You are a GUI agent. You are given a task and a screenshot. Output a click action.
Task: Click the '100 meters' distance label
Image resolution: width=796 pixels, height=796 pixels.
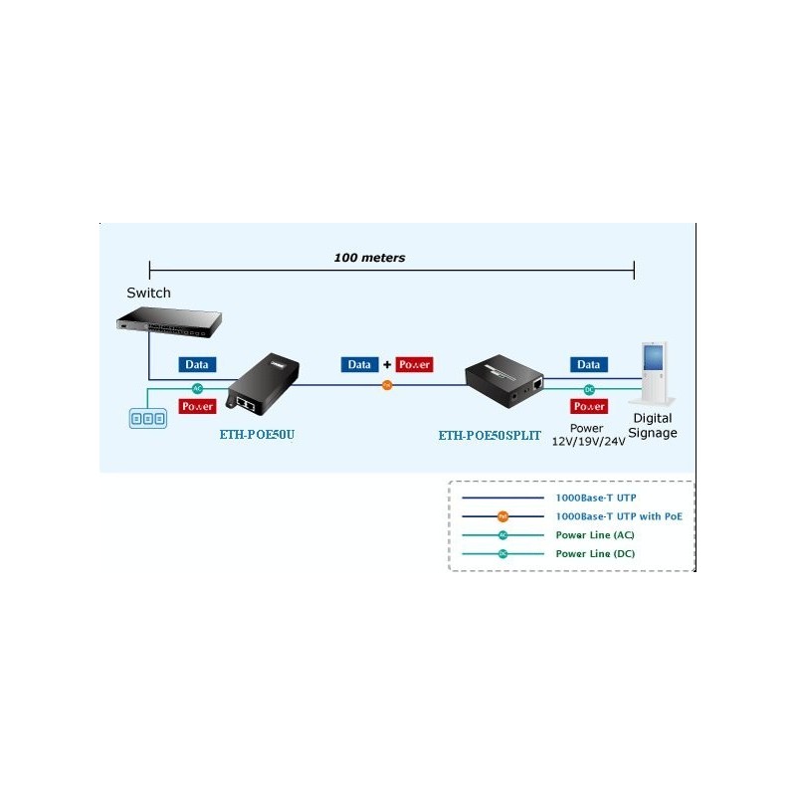point(369,258)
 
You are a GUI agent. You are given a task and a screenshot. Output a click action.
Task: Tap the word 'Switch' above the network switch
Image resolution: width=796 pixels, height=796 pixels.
point(148,293)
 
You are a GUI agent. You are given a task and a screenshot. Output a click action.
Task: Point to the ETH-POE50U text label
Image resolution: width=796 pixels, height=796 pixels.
point(257,434)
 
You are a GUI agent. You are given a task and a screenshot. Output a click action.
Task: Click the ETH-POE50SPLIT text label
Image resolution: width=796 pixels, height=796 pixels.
point(490,435)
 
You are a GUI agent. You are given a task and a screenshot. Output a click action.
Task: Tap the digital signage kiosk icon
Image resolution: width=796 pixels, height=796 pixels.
point(652,372)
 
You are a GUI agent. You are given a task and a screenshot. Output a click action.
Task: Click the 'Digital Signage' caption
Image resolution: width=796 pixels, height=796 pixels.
point(653,426)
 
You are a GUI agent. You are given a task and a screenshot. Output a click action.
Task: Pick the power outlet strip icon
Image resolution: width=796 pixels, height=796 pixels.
point(148,419)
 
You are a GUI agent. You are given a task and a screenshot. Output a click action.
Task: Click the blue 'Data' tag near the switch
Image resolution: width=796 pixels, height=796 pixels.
point(197,365)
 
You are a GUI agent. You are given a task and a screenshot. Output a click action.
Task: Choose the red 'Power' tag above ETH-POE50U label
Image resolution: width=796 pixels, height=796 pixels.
point(197,406)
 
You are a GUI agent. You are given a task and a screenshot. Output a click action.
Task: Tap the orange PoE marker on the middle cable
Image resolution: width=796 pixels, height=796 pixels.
point(387,384)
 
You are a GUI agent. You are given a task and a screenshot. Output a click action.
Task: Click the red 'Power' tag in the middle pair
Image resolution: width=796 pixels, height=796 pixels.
point(414,365)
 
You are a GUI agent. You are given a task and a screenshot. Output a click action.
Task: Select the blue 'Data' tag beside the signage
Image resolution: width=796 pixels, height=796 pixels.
point(589,365)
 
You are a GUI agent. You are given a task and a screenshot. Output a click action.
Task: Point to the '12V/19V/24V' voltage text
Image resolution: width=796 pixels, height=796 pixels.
point(588,441)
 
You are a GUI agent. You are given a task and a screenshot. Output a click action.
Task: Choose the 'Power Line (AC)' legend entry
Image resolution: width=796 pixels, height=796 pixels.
point(595,534)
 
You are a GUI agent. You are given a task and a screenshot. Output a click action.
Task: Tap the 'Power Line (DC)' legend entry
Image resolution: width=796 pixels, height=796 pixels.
point(595,553)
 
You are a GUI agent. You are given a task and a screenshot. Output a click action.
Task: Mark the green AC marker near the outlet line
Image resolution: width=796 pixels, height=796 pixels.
point(197,388)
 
